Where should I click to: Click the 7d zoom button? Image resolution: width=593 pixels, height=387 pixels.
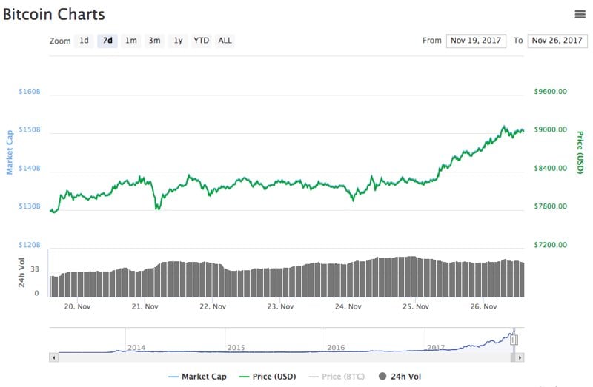pos(107,41)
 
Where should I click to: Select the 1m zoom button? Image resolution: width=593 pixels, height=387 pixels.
pos(130,41)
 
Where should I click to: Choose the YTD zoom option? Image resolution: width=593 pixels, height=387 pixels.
pos(201,41)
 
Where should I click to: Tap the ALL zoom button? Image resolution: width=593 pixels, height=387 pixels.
pos(225,41)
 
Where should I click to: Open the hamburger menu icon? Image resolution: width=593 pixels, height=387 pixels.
pos(580,14)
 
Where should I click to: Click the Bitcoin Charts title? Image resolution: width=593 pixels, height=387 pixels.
pos(53,14)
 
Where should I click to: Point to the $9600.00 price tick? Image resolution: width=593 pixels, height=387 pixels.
pos(550,92)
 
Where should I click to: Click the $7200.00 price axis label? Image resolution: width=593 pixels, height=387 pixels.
pos(550,245)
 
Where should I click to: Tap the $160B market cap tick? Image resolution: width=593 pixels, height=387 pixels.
pos(29,92)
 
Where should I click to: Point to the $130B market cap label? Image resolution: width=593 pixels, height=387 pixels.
pos(29,206)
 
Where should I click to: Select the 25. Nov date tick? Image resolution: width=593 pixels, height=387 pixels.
pos(417,306)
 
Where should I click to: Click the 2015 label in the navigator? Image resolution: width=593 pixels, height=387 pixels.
pos(236,347)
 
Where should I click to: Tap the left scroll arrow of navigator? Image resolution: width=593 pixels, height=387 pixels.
pos(53,357)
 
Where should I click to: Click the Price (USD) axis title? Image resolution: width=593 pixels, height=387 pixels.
pos(580,152)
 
